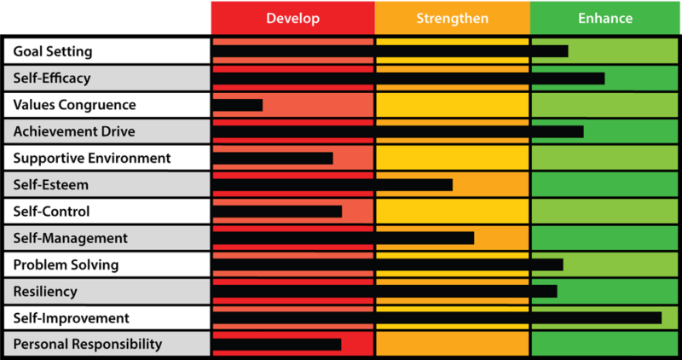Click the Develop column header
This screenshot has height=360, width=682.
tap(292, 18)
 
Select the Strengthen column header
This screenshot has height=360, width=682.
tap(452, 18)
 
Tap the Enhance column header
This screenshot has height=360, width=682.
tap(605, 18)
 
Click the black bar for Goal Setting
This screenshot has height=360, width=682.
tap(390, 51)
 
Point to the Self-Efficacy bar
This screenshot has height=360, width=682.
tap(408, 78)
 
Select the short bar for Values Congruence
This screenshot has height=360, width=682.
tap(238, 105)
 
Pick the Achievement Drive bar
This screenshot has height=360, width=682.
tap(397, 131)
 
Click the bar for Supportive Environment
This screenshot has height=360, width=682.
tap(272, 158)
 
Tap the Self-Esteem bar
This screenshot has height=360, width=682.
tap(332, 185)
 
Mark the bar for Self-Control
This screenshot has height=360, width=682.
tap(277, 212)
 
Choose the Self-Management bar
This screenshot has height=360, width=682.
tap(343, 238)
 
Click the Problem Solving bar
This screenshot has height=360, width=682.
tap(387, 264)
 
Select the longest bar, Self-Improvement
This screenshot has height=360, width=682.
tap(436, 318)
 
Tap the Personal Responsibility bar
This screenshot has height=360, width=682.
tap(276, 345)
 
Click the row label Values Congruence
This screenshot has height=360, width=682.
tap(75, 105)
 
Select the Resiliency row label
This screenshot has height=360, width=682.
tap(46, 292)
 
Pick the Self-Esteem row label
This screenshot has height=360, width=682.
tap(51, 185)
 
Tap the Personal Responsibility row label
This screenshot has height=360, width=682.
tap(88, 345)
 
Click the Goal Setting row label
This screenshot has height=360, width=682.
tap(53, 51)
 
